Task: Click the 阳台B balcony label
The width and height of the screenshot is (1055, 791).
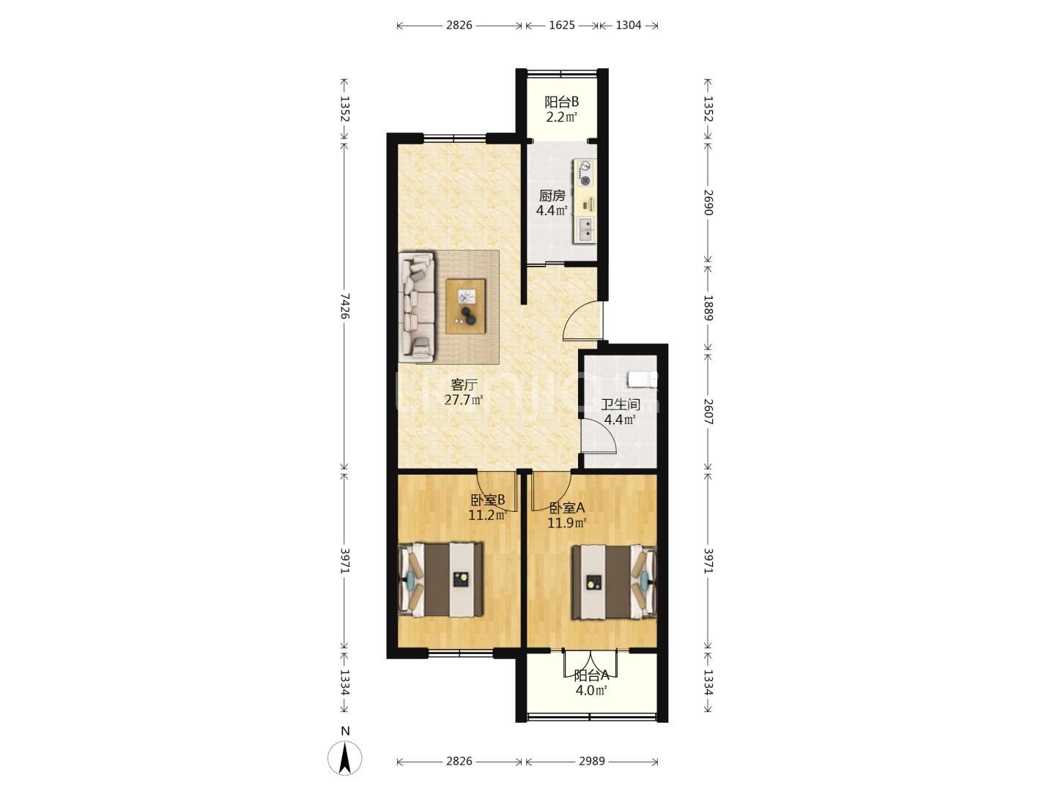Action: click(561, 102)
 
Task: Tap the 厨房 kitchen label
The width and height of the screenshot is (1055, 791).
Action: click(552, 196)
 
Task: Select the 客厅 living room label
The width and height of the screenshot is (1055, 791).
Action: click(464, 385)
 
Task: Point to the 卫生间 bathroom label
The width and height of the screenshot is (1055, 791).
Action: click(620, 404)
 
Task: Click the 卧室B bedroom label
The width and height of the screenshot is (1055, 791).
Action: click(487, 500)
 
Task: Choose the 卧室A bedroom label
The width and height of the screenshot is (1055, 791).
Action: click(566, 508)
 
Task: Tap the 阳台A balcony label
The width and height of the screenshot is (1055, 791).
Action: click(592, 676)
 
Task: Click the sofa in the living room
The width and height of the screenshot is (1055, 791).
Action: click(417, 307)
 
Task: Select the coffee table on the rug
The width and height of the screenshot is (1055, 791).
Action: click(465, 306)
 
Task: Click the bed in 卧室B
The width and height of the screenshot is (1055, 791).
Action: click(441, 579)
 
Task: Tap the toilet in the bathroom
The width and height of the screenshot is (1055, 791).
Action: click(643, 379)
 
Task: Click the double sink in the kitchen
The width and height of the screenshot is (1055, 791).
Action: click(585, 229)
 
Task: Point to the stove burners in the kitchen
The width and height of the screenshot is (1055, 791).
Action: click(585, 174)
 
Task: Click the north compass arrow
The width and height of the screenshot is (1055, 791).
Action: click(344, 758)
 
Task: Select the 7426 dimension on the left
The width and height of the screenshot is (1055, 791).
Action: click(344, 306)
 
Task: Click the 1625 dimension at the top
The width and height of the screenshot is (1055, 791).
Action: click(562, 25)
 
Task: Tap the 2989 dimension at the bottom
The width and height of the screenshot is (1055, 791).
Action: click(591, 761)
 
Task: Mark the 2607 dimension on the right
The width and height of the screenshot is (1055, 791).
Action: click(708, 412)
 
